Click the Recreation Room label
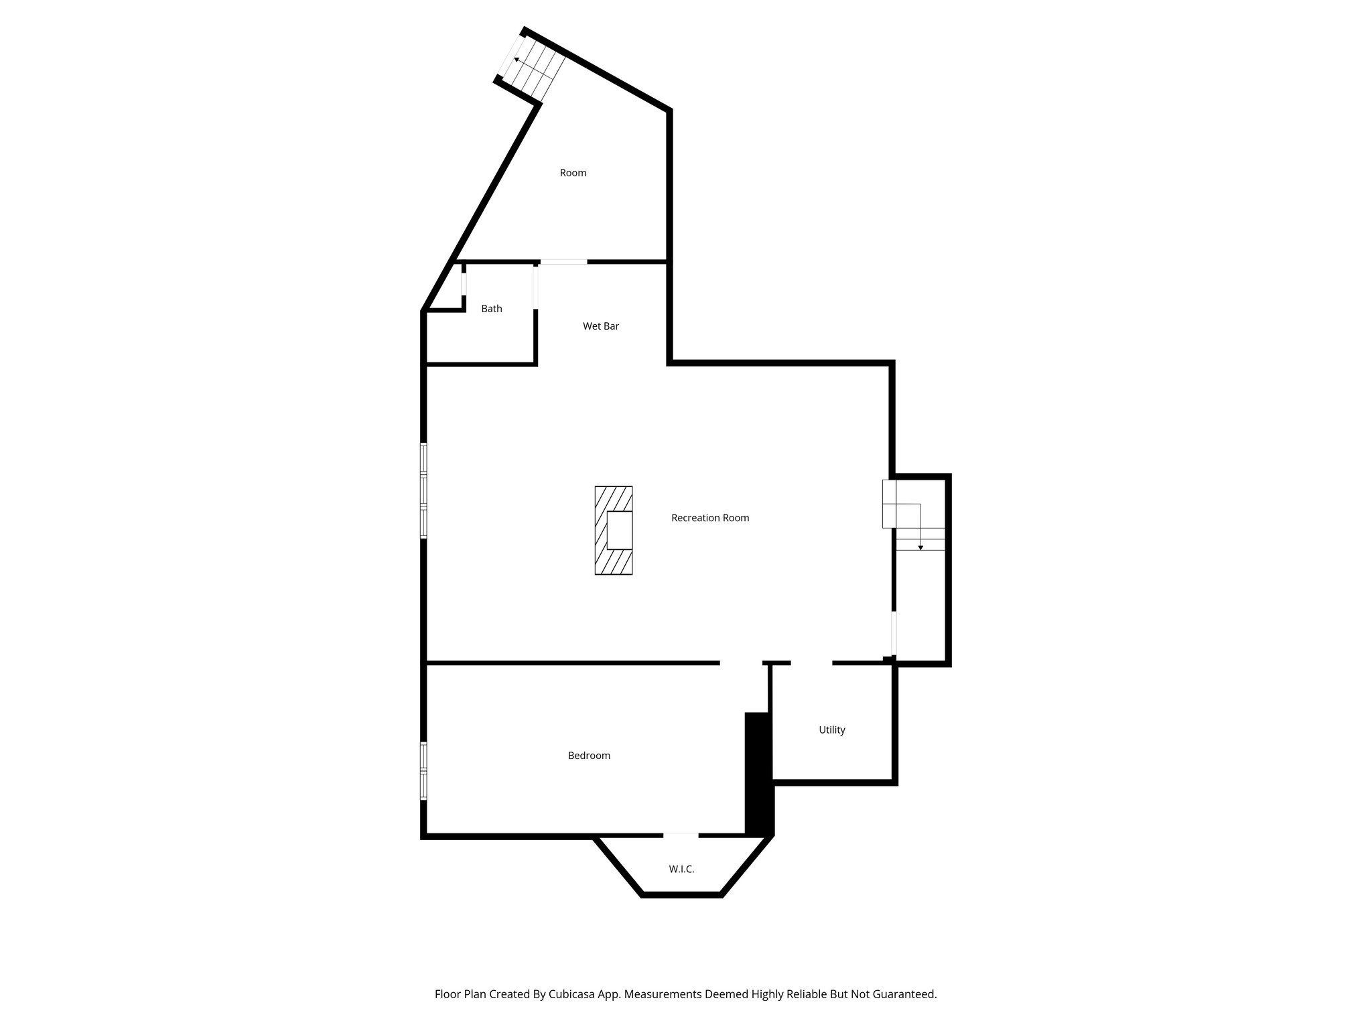pyautogui.click(x=710, y=518)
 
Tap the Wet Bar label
pyautogui.click(x=601, y=326)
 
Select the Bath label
pyautogui.click(x=492, y=309)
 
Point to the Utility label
pyautogui.click(x=832, y=730)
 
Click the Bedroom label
pyautogui.click(x=589, y=756)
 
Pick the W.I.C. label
pyautogui.click(x=681, y=870)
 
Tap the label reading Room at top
pyautogui.click(x=573, y=173)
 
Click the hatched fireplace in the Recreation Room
pyautogui.click(x=614, y=531)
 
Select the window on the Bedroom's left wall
pyautogui.click(x=423, y=770)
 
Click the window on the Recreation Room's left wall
pyautogui.click(x=423, y=490)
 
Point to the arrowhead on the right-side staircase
pyautogui.click(x=920, y=547)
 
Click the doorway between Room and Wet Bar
pyautogui.click(x=563, y=262)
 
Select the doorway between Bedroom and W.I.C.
pyautogui.click(x=681, y=835)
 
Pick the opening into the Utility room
pyautogui.click(x=811, y=663)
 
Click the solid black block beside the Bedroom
pyautogui.click(x=760, y=774)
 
